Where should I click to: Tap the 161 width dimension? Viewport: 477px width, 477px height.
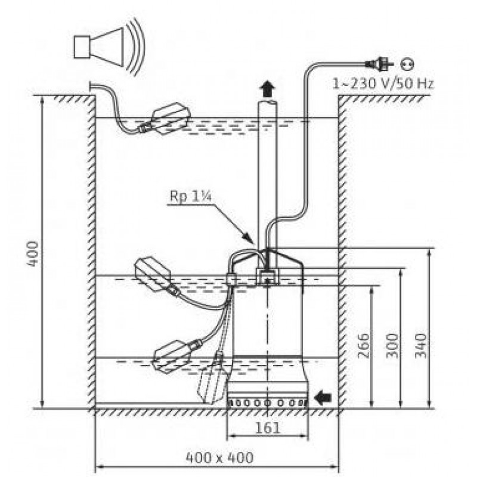click(x=268, y=428)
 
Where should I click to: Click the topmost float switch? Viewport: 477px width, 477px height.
click(x=170, y=117)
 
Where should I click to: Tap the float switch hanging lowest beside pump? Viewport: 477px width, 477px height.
click(x=213, y=379)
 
